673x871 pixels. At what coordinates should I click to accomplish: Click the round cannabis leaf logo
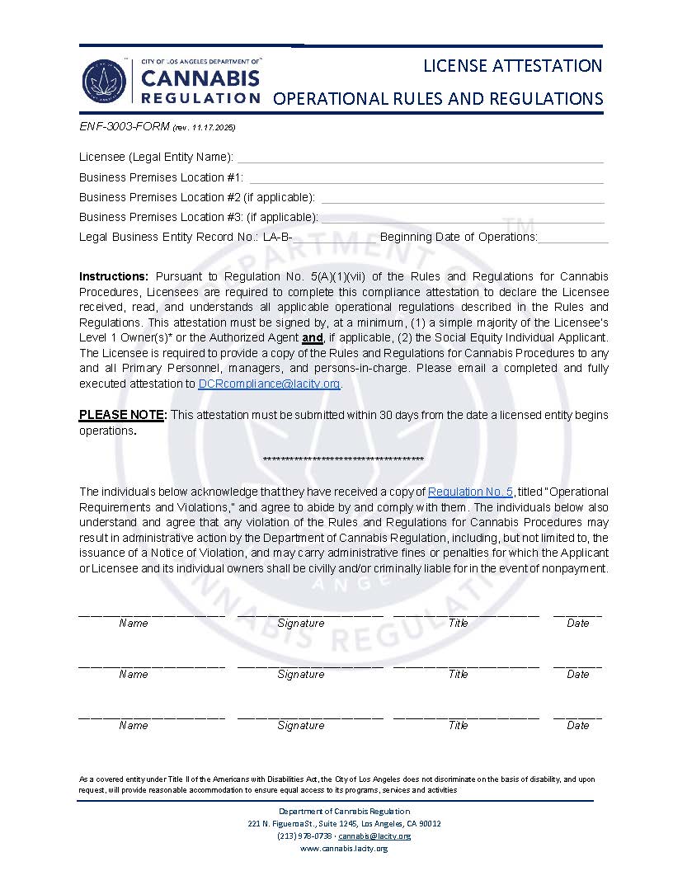coord(104,82)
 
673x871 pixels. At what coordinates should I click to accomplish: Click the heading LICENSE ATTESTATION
coord(512,65)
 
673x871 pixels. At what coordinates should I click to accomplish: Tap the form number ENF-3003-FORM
coord(124,127)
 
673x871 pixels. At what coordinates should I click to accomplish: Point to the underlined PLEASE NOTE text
coord(123,415)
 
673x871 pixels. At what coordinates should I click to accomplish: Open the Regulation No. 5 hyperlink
coord(470,492)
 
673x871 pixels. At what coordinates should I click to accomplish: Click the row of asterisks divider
coord(343,459)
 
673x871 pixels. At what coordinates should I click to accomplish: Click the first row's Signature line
coord(309,614)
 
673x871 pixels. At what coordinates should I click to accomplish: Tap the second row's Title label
coord(458,675)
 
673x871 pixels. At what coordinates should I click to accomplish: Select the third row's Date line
coord(577,716)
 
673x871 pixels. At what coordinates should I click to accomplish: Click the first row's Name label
coord(133,624)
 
